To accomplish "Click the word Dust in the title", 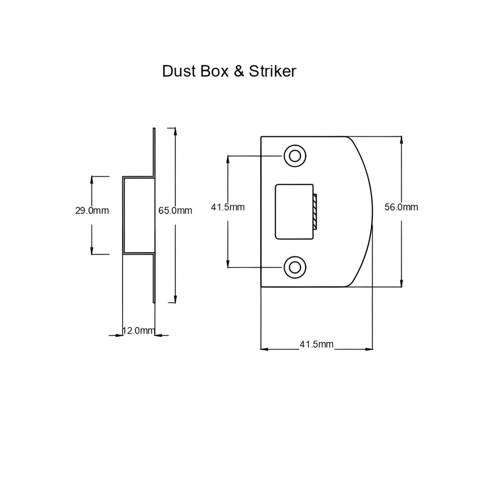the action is point(179,71).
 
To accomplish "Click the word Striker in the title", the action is point(273,71).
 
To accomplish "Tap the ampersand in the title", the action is point(239,71).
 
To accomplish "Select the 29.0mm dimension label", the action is point(92,210).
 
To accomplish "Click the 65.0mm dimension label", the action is point(175,210).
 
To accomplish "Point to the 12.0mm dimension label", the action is point(139,330).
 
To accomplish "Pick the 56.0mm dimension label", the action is point(401,207).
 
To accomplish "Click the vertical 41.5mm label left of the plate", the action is point(227,207).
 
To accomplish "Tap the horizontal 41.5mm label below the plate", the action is point(317,344).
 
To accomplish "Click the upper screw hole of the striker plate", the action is point(295,156).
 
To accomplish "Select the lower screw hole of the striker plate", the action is point(295,267).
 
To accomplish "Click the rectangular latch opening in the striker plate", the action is point(294,211).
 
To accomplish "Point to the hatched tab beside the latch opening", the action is point(315,211).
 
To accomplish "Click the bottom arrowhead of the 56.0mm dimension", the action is point(401,283).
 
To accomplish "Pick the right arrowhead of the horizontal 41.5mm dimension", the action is point(369,349).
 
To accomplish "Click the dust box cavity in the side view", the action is point(138,215).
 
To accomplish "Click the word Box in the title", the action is point(214,71).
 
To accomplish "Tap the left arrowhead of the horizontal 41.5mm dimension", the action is point(265,349).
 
